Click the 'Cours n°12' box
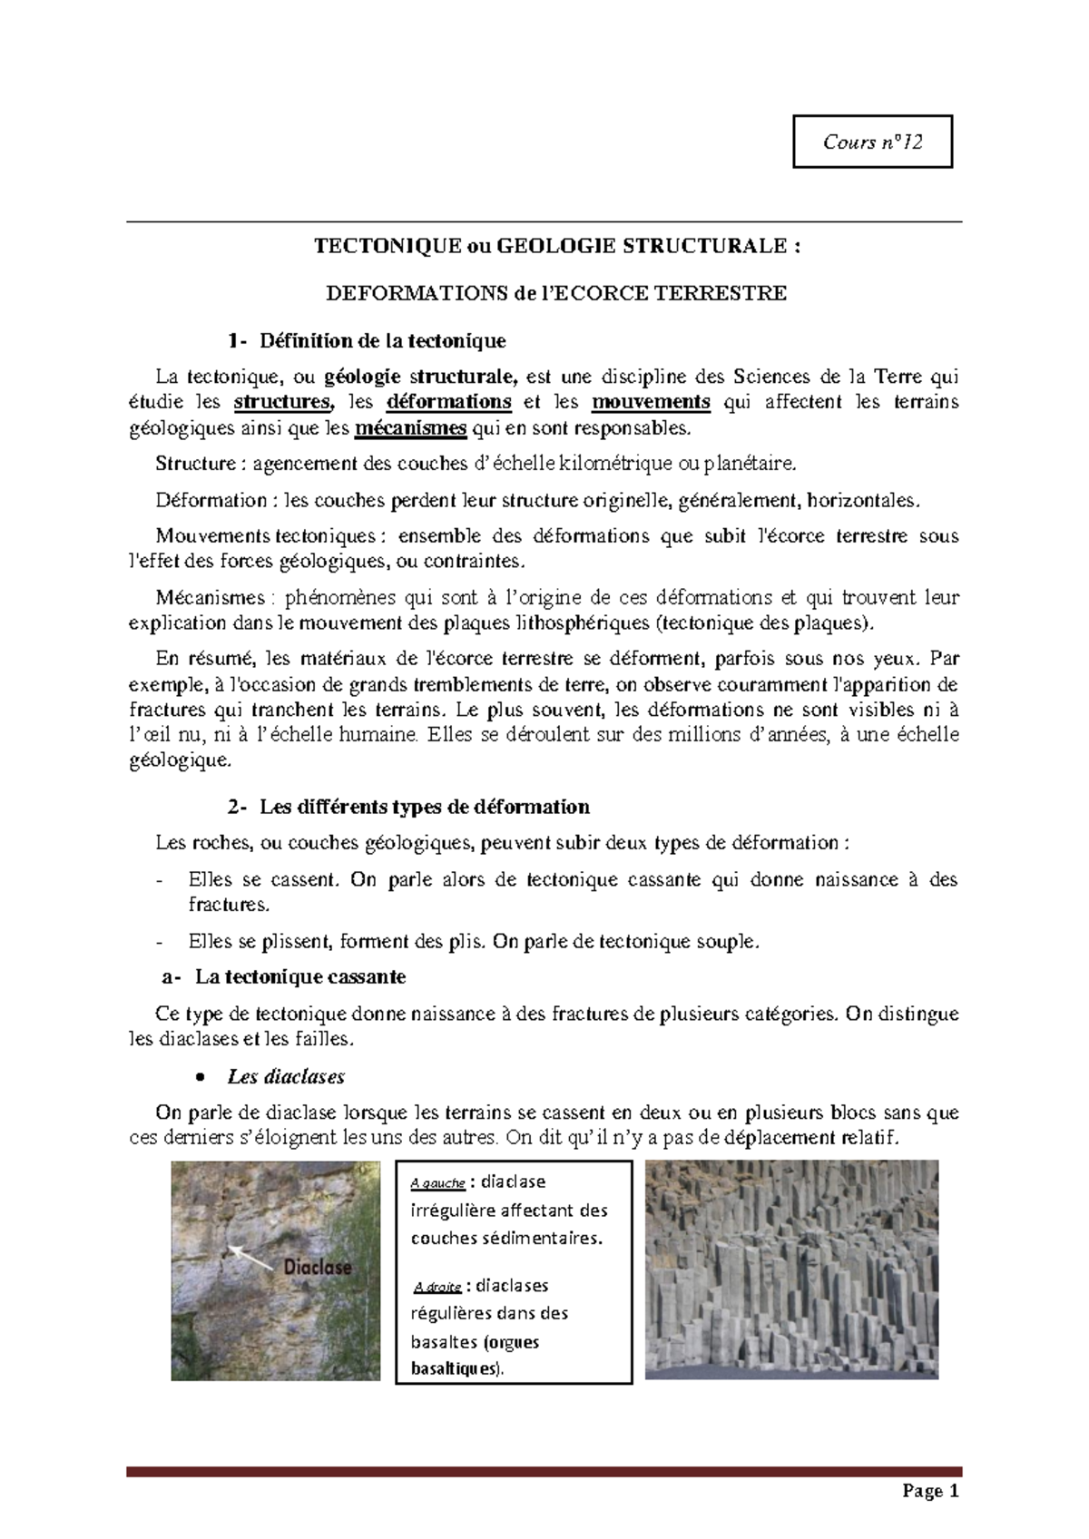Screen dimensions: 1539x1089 (872, 142)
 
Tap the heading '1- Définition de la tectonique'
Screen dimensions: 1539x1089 (368, 341)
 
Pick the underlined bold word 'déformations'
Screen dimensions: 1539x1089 (449, 402)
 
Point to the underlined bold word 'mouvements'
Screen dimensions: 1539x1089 (651, 402)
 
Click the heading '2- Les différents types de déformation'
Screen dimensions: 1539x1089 (409, 807)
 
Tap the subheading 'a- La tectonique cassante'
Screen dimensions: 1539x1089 (284, 977)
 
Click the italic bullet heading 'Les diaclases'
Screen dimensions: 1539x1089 (286, 1077)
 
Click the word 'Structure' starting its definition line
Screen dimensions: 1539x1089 (195, 465)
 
